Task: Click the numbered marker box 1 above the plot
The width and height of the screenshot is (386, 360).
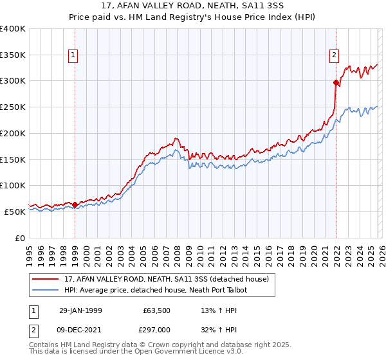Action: click(75, 56)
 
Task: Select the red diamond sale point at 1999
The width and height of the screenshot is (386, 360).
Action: click(75, 204)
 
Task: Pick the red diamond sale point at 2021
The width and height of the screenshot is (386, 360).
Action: click(336, 82)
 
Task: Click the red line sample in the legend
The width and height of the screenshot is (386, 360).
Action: click(46, 279)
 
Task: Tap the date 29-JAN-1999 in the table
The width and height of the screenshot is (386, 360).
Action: click(82, 310)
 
